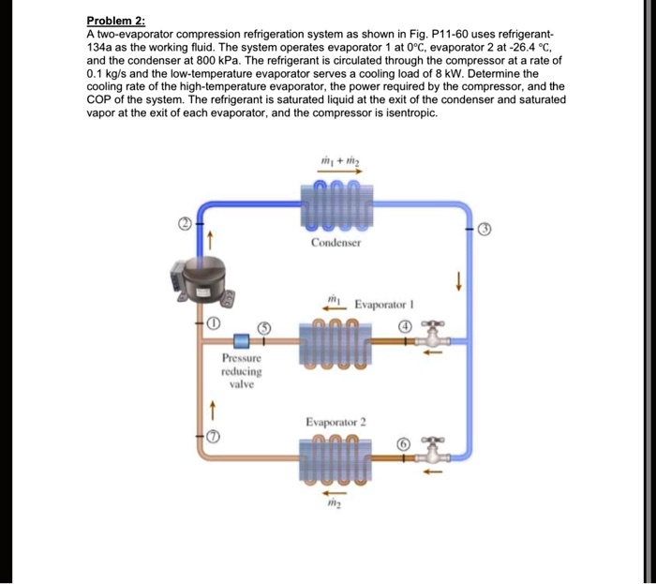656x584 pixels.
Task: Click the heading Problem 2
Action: (116, 21)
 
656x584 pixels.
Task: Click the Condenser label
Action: (335, 242)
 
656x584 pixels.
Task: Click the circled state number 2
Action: (186, 225)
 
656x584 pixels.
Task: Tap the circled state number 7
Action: (213, 437)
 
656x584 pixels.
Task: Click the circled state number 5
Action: (264, 327)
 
